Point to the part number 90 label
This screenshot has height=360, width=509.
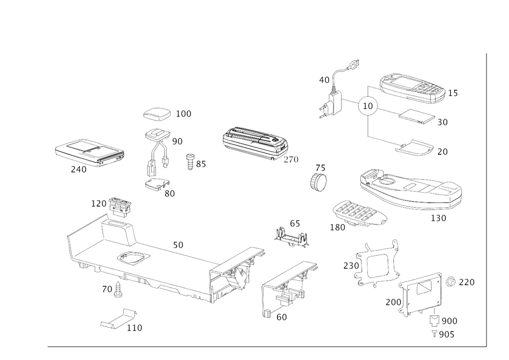(178, 142)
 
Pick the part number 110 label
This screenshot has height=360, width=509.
(135, 328)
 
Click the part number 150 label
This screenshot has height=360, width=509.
(438, 218)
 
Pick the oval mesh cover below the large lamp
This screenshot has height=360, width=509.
(356, 214)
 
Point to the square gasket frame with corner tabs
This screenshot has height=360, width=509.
(376, 264)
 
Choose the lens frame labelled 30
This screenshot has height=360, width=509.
(416, 117)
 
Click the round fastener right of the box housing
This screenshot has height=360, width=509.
(450, 281)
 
